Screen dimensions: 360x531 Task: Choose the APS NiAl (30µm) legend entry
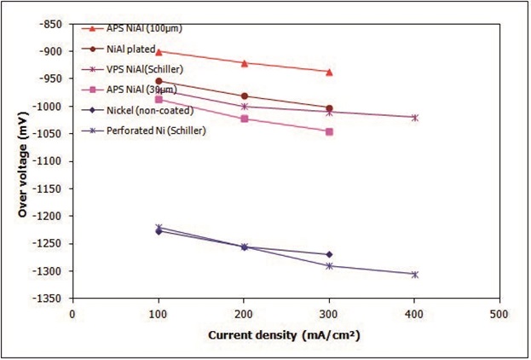(142, 90)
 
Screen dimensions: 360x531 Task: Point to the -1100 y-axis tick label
(48, 161)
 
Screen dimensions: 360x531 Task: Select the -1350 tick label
(48, 299)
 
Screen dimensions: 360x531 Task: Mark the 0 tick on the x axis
(73, 313)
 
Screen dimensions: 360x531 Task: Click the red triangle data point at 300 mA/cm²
(329, 72)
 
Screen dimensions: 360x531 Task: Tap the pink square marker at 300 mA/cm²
(329, 131)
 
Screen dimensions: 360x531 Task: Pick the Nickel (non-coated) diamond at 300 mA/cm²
(329, 254)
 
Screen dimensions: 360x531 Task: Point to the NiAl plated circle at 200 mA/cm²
(245, 96)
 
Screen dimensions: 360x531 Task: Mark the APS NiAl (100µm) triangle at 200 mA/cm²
(245, 63)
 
